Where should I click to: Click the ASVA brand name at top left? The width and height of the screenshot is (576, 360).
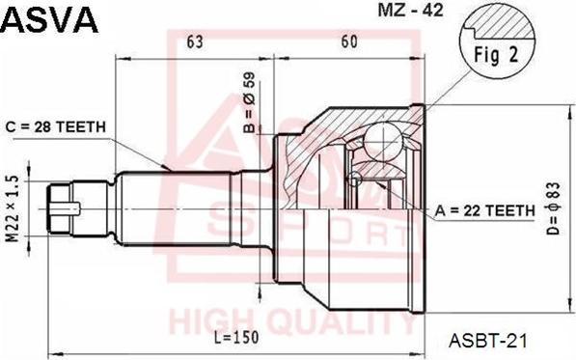(x=50, y=19)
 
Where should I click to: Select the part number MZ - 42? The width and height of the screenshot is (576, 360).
(x=411, y=10)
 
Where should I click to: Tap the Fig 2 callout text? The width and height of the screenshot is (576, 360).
(x=496, y=54)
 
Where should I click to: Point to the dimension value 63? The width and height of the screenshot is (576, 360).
(x=194, y=42)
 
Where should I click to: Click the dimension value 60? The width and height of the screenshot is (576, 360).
(x=349, y=42)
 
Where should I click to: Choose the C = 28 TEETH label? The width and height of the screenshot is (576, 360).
(x=55, y=127)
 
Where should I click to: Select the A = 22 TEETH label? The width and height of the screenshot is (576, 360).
(x=485, y=210)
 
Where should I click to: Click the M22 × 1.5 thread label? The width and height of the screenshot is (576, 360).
(x=13, y=209)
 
